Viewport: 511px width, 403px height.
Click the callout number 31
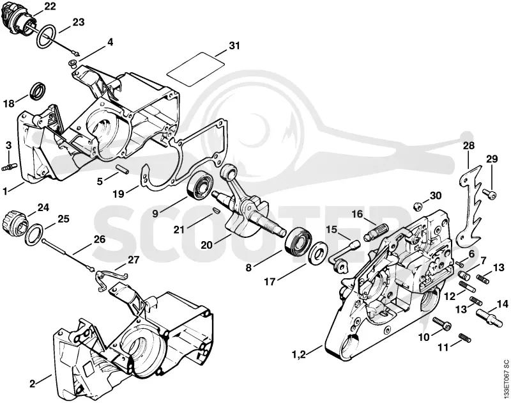(x=234, y=45)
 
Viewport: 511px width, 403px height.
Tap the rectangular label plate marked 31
(x=196, y=69)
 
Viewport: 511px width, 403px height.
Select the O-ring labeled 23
(x=45, y=37)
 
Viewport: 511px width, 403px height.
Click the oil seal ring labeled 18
(x=38, y=91)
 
